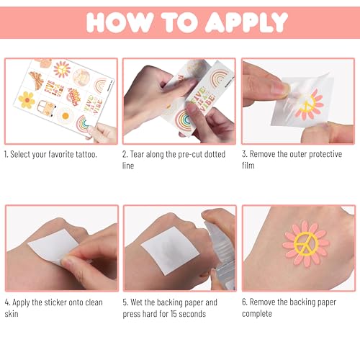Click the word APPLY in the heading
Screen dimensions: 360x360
[x=246, y=22]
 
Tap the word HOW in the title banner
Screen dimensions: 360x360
[x=120, y=22]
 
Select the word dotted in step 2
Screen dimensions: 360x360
[x=215, y=154]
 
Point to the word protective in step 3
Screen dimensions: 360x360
[x=325, y=155]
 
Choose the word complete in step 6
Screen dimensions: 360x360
[x=257, y=314]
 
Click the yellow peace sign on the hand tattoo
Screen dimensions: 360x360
[x=306, y=243]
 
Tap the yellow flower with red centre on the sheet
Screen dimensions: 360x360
[x=27, y=99]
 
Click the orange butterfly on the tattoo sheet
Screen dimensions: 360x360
[x=37, y=80]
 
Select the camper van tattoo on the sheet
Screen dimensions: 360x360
[x=46, y=108]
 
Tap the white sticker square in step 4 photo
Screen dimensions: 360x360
[x=54, y=247]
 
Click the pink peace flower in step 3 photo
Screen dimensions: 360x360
[x=310, y=105]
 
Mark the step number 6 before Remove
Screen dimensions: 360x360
[x=244, y=302]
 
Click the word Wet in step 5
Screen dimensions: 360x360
[x=137, y=302]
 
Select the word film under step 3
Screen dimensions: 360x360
[x=248, y=166]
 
